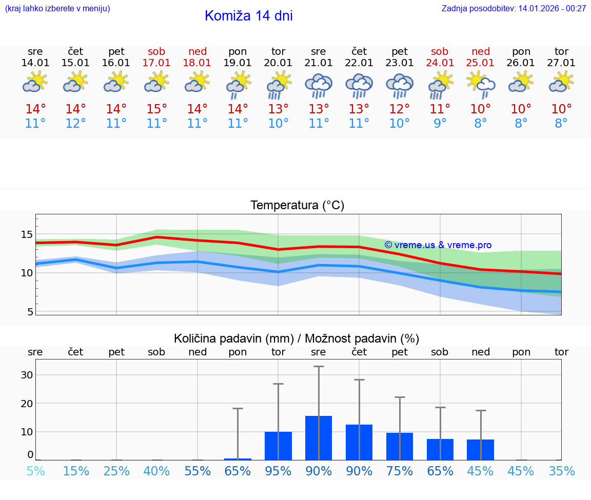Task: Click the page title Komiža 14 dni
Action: coord(248,16)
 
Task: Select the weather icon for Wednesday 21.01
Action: coord(319,86)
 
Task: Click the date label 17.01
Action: coord(156,63)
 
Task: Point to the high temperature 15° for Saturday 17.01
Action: coord(156,109)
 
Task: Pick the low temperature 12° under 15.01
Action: coord(75,124)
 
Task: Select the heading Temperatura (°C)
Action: coord(297,206)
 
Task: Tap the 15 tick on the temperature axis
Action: coord(27,234)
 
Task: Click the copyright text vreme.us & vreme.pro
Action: coord(438,245)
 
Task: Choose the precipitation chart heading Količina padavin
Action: coord(297,338)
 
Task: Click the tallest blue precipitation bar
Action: coord(319,437)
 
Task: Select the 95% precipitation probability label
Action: coord(278,471)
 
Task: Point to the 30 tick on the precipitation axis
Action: coord(27,375)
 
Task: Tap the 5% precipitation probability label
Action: coord(35,471)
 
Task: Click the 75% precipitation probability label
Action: coord(400,471)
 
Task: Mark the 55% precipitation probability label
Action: coord(198,471)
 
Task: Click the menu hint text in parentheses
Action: coord(57,9)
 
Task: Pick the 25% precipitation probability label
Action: coord(116,471)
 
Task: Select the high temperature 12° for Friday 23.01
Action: coord(400,109)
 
